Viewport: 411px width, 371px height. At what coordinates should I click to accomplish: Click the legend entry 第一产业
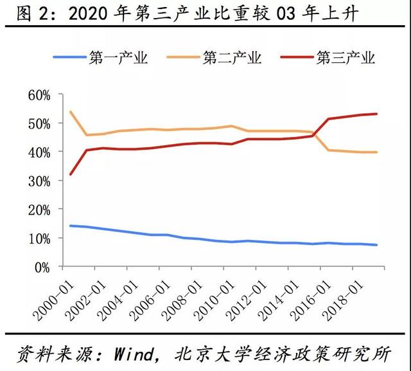point(119,59)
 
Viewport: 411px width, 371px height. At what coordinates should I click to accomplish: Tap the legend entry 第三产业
point(345,59)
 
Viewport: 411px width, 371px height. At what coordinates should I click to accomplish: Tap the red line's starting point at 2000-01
point(70,174)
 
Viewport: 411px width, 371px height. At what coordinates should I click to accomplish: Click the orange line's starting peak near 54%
point(70,112)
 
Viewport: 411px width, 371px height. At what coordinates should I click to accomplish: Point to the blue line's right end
point(377,245)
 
